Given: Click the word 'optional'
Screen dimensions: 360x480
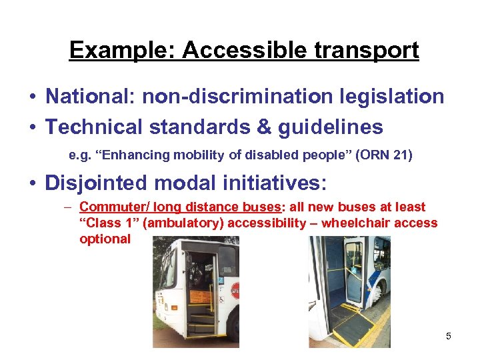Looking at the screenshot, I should coord(105,238).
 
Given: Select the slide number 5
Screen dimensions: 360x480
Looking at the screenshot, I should coord(449,336).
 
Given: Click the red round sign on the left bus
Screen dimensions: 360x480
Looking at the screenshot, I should coord(235,290).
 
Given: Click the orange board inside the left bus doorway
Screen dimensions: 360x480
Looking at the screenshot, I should coord(201,296).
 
